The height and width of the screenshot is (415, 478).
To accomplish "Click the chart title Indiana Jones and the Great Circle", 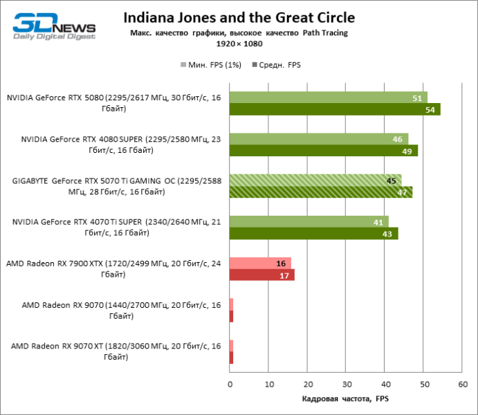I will point(239,17).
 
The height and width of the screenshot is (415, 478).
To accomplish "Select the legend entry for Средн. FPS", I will point(279,65).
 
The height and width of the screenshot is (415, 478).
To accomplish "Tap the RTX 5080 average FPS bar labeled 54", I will point(335,109).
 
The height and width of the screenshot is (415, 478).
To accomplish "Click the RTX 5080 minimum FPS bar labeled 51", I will point(328,98).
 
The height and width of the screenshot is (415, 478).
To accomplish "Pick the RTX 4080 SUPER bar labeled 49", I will point(323,151).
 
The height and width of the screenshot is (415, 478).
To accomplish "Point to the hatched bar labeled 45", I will point(315,181).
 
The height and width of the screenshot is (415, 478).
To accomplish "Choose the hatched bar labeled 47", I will point(320,192).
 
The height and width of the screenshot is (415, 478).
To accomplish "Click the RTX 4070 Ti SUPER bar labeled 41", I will point(309,222).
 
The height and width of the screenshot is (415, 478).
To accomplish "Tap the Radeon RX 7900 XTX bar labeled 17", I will point(261,275).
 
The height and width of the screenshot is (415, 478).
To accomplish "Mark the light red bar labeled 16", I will point(260,264).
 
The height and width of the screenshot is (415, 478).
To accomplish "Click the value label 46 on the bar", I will point(397,139).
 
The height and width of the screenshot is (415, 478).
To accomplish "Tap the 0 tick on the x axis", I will point(230,383).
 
